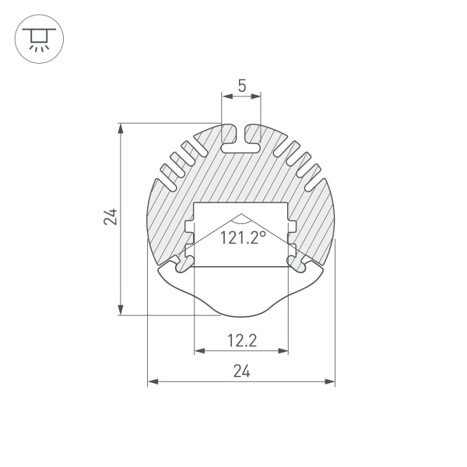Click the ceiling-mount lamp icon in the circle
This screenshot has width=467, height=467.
tap(36, 39)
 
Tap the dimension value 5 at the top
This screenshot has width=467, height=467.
tap(241, 86)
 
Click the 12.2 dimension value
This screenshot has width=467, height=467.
tap(241, 339)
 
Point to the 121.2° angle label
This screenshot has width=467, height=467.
tap(242, 238)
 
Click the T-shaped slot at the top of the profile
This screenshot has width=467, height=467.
tap(241, 139)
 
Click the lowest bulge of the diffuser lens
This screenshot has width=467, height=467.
tap(241, 314)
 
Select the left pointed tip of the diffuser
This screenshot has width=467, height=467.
tap(159, 272)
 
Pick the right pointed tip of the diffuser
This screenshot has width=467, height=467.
tap(324, 272)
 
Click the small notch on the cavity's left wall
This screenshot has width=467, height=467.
tap(189, 226)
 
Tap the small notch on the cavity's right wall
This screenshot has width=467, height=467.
tap(293, 226)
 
